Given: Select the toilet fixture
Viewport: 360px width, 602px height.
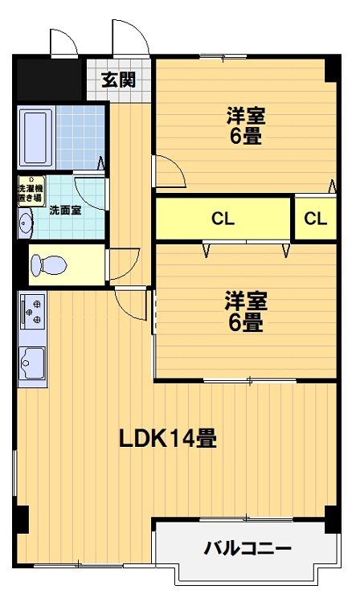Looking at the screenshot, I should (48, 264).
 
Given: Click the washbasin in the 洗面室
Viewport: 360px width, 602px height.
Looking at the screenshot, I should (25, 223).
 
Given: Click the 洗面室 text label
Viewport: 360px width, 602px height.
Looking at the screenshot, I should (63, 211).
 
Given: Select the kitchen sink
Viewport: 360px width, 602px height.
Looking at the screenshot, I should (33, 366).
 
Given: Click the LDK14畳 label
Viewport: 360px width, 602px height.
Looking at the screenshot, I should (167, 438).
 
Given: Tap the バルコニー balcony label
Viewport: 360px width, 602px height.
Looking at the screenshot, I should (247, 549).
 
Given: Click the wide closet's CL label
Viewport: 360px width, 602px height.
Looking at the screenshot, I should (223, 219).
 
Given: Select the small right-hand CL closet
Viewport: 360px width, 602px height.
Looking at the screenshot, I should (315, 219).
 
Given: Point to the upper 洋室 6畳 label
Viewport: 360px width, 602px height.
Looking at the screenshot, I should (245, 125).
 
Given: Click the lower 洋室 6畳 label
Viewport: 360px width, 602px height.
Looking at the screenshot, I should (245, 312).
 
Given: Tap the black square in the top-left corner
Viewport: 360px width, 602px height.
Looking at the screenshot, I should (48, 79).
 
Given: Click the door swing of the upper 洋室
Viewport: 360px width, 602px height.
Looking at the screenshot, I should (167, 170).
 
